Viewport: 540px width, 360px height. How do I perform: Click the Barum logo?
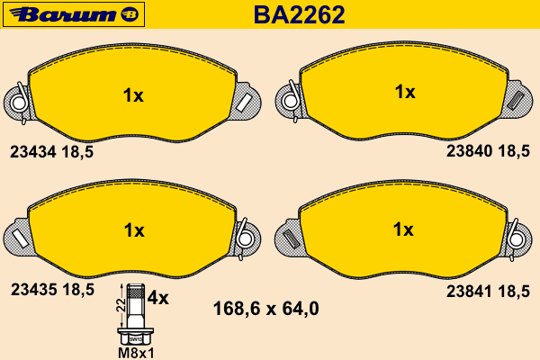point(74,14)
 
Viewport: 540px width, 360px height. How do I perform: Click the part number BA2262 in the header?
point(299,14)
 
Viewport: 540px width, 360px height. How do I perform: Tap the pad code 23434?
point(32,152)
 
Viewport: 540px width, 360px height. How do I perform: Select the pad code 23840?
point(469,151)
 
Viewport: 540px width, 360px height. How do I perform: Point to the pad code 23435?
point(33,290)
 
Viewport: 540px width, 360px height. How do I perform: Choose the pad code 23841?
point(469,292)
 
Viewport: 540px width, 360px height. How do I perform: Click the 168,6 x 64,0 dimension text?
point(265,309)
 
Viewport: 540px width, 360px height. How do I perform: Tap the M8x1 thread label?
point(136,353)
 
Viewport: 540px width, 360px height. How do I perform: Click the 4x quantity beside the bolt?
point(158,298)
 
